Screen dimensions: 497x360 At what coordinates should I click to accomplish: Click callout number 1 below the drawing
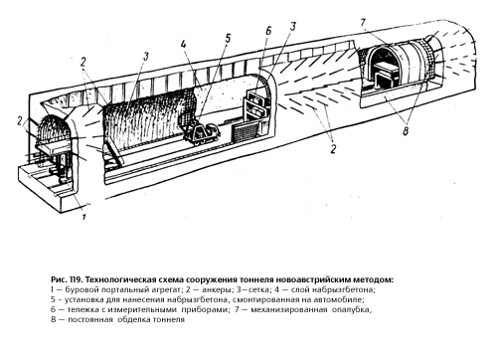(83, 217)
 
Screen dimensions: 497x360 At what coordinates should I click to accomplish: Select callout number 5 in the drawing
(228, 39)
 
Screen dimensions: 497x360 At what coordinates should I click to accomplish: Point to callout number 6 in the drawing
(268, 31)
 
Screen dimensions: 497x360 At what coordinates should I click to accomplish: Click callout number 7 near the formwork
(363, 23)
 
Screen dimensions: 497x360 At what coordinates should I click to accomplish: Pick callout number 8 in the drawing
(406, 131)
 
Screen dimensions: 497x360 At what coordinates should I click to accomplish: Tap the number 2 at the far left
(20, 121)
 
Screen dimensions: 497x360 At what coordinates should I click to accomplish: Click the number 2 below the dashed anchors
(333, 148)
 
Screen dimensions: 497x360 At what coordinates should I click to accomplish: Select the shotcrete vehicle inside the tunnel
(202, 133)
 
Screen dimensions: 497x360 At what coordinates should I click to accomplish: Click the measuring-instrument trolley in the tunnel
(256, 111)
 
